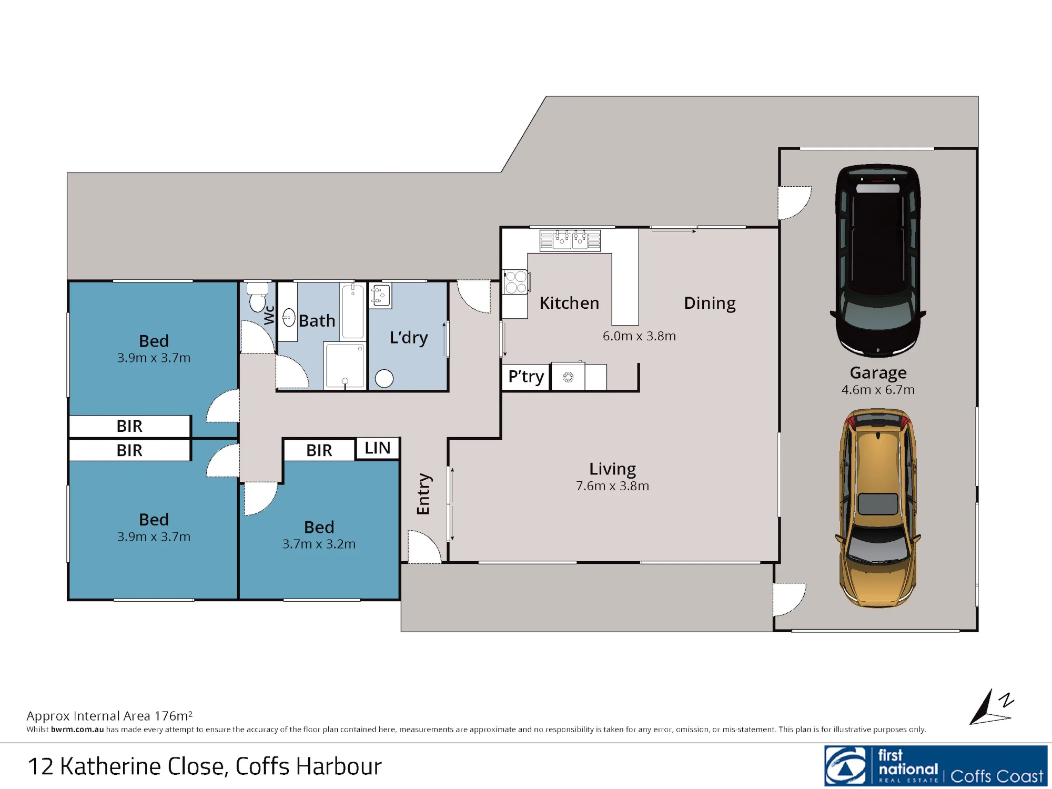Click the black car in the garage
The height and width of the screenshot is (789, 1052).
(x=878, y=261)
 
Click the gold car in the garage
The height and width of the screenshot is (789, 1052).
(x=878, y=508)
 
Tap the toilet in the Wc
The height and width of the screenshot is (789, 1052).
(x=258, y=297)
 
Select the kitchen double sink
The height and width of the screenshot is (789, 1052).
(x=570, y=240)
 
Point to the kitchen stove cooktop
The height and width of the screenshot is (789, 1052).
(x=516, y=282)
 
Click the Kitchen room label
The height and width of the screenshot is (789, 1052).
(x=569, y=303)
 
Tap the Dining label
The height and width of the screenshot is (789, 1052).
(x=710, y=304)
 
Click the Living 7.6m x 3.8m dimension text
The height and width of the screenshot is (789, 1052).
(x=612, y=486)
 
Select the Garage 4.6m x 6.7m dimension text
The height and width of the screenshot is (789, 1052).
(x=878, y=390)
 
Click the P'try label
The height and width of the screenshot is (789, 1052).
(x=526, y=377)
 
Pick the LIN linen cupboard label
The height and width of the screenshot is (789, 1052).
(x=377, y=448)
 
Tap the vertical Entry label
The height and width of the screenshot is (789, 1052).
(x=423, y=494)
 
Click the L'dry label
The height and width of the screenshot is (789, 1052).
(x=409, y=338)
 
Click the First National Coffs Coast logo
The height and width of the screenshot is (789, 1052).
(x=936, y=765)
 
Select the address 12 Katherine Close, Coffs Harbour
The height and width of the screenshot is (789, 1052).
(x=205, y=766)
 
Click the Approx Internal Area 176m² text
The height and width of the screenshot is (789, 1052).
(x=109, y=716)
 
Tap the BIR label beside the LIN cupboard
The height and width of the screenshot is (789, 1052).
(x=319, y=451)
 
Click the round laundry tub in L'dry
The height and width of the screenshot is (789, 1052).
(x=385, y=379)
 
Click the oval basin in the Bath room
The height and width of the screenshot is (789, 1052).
(x=289, y=318)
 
